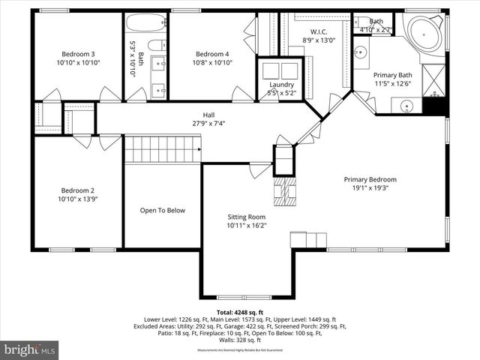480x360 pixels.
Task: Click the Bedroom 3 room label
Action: click(x=77, y=54)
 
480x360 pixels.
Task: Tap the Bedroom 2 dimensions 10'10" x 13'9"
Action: click(x=77, y=199)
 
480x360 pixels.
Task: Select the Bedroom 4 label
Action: click(x=212, y=54)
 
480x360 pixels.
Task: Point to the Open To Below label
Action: click(x=162, y=211)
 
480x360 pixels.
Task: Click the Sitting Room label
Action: click(x=247, y=217)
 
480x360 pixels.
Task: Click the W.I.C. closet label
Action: click(x=314, y=31)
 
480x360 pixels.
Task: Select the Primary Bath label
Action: click(x=393, y=75)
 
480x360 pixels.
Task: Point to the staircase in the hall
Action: click(x=162, y=149)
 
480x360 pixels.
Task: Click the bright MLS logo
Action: click(x=30, y=349)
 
